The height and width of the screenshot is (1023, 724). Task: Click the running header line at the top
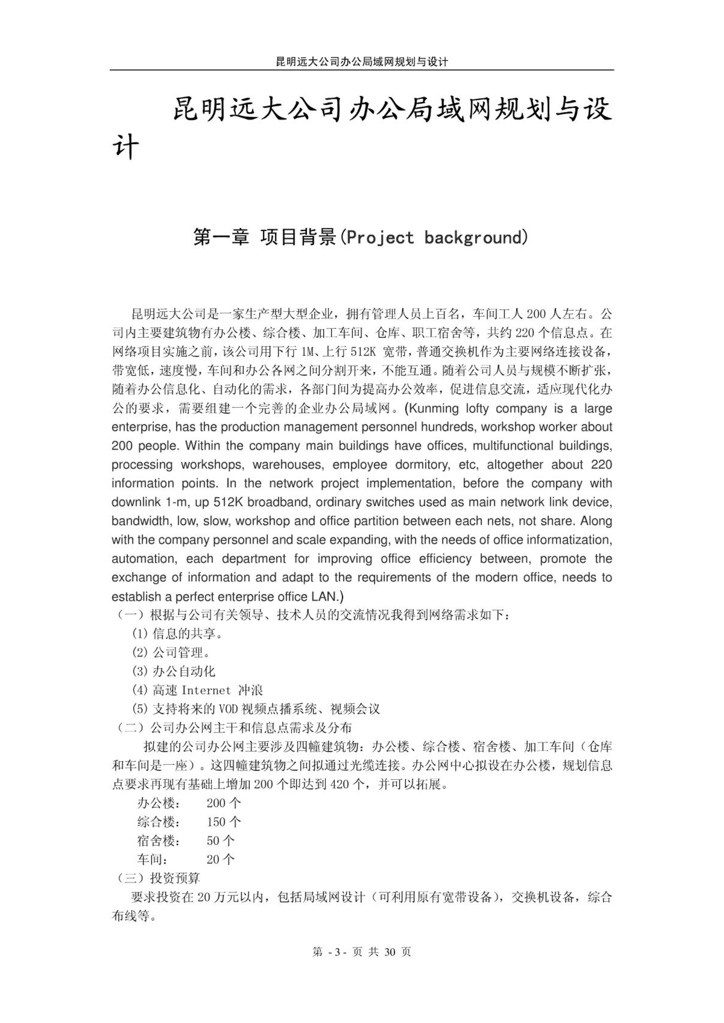(x=362, y=61)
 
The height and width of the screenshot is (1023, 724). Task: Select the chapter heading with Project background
(x=361, y=237)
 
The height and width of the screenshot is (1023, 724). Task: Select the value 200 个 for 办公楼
(x=223, y=803)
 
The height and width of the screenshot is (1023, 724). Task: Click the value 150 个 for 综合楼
(x=223, y=822)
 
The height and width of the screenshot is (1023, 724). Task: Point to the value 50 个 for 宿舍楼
(x=220, y=840)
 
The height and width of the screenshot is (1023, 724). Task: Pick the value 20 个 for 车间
(x=220, y=859)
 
